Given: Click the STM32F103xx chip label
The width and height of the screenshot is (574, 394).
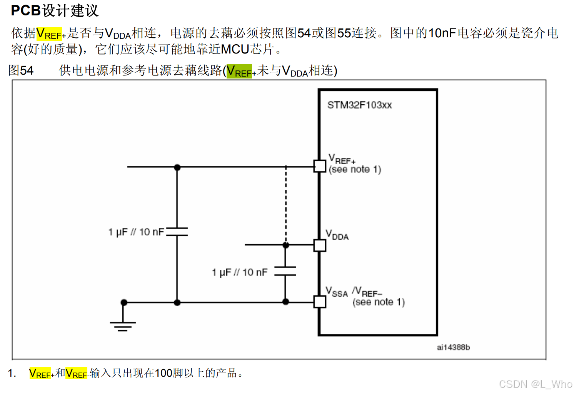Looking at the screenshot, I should tap(359, 105).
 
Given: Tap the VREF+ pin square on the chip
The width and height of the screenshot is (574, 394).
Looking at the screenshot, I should tap(320, 166).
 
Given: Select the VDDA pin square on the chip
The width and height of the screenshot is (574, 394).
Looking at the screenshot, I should tap(320, 245).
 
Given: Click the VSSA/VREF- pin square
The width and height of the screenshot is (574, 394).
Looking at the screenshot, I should tap(320, 302).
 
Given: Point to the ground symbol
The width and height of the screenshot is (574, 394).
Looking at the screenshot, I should tap(123, 326).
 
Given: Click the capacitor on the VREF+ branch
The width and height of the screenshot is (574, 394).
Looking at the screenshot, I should tap(177, 232).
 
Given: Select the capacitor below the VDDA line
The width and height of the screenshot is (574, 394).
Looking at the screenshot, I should tap(285, 271).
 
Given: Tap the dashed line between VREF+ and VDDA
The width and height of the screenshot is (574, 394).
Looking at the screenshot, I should tap(286, 204).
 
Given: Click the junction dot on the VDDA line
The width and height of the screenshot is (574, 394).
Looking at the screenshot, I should tap(286, 245).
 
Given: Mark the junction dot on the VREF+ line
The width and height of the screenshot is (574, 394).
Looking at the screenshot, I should tap(177, 167).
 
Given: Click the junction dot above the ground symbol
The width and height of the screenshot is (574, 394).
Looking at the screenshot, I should tap(124, 302).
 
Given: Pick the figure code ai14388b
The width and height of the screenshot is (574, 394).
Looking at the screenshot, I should tap(453, 347).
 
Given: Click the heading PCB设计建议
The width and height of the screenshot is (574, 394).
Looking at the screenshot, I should tap(55, 11).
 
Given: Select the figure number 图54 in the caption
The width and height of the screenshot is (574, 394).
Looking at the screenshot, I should tap(21, 70).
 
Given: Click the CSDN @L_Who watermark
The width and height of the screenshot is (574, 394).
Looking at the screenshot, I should tap(536, 384).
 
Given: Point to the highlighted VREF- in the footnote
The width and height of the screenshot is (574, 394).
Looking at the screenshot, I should tap(77, 373).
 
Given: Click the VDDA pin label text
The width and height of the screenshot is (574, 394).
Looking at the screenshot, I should tap(337, 235).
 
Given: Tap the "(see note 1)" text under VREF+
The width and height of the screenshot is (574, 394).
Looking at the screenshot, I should tap(355, 170).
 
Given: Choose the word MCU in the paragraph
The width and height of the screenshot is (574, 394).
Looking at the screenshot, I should tap(235, 49).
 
